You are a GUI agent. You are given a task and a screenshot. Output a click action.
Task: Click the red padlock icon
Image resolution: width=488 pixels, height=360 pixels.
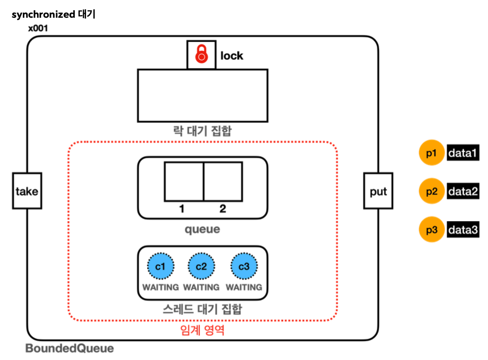201,54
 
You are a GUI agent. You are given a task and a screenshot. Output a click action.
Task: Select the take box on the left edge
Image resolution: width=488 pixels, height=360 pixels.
27,191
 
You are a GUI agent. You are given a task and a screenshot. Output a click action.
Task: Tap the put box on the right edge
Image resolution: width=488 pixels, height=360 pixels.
378,191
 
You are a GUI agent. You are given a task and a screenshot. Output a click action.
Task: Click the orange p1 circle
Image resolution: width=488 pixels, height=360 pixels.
431,153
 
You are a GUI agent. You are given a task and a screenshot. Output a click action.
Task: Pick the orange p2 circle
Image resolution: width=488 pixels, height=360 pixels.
431,191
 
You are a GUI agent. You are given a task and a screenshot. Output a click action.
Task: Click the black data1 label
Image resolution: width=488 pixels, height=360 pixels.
463,153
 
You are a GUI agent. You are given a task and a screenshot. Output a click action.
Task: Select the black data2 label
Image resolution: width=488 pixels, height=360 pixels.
463,191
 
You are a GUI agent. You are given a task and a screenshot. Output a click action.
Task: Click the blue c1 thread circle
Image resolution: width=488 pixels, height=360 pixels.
160,266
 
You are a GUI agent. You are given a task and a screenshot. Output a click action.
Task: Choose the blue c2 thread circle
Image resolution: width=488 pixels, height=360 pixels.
201,266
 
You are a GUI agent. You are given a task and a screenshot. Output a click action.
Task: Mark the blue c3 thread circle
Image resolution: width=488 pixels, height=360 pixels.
244,266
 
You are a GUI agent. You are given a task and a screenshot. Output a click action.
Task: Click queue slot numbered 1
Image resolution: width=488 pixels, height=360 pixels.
184,182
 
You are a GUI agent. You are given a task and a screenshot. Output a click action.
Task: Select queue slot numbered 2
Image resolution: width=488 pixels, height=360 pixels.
223,182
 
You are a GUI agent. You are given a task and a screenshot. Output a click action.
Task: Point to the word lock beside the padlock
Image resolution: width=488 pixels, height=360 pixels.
232,56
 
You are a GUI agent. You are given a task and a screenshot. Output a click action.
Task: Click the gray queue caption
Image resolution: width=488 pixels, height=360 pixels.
202,229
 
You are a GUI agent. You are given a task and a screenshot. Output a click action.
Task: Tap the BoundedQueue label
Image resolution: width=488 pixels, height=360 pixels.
70,348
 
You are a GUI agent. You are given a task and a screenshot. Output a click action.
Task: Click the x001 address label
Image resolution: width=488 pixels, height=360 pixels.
38,28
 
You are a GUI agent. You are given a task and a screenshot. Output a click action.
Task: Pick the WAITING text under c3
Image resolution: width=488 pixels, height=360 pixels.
244,287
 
